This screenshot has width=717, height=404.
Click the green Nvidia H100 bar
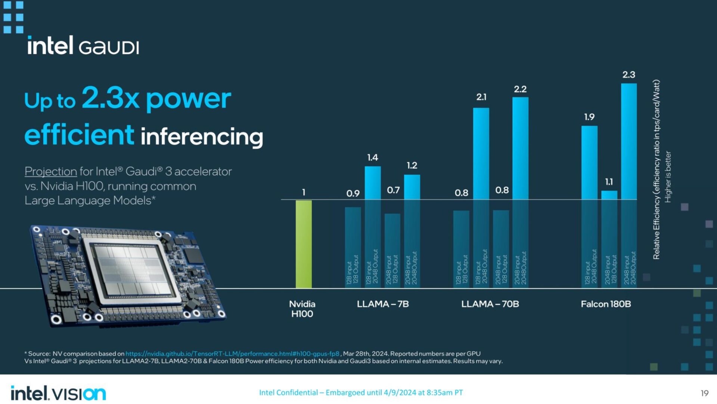coord(304,244)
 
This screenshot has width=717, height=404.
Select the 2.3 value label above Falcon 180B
coord(629,75)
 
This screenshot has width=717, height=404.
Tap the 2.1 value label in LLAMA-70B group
coord(481,97)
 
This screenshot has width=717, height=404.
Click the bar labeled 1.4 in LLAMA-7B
coord(373,224)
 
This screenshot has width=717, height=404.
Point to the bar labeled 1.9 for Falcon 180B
coord(589,206)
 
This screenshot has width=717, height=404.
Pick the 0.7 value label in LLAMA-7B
coord(393,190)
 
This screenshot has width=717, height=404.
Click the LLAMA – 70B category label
coord(490,304)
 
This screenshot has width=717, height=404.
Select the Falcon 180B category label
coord(606,304)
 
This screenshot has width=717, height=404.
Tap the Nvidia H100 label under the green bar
coord(302,309)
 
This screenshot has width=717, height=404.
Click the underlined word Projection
coord(51,172)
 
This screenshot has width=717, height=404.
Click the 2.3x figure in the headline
coord(111,98)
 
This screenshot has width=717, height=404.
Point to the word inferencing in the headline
coord(202,137)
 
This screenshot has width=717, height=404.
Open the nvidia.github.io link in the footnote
coord(232,354)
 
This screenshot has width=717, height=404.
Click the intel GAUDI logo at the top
coord(83,46)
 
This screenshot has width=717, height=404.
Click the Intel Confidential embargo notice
coord(361,393)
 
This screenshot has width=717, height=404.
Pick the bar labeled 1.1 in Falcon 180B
coord(609,239)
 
